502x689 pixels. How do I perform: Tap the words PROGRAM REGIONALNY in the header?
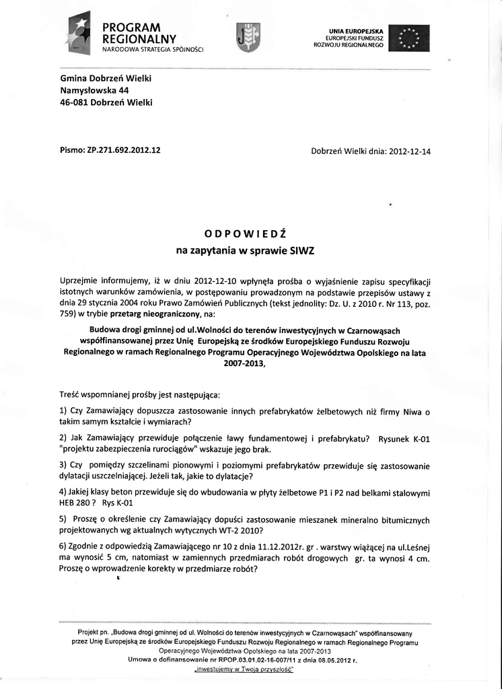coord(139,33)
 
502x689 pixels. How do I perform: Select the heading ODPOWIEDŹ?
coord(246,233)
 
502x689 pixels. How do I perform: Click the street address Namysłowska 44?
coord(94,90)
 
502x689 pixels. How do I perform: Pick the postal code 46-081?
coord(74,102)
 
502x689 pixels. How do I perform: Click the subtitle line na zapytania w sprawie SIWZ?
coord(246,251)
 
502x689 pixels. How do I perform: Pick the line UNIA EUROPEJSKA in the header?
coord(356,30)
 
